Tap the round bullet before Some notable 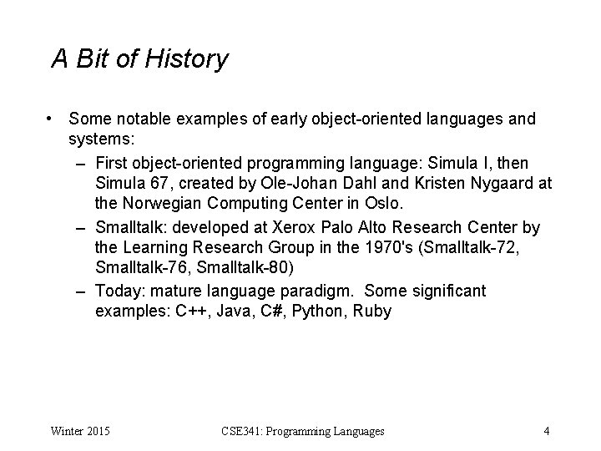pyautogui.click(x=52, y=119)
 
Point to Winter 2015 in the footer pyautogui.click(x=80, y=431)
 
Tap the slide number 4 pyautogui.click(x=546, y=431)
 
